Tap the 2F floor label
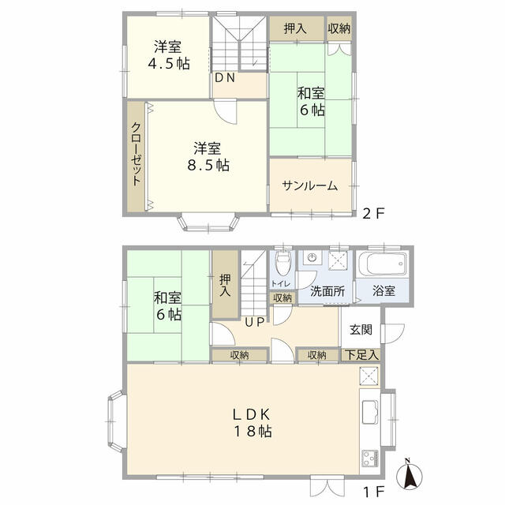372,213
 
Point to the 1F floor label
372,489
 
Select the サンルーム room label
310,186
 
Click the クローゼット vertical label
137,155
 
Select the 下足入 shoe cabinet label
361,356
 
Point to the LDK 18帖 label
252,423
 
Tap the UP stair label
252,320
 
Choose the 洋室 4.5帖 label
166,55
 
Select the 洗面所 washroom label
327,290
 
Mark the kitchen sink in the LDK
370,412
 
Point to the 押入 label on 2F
296,28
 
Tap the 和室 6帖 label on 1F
167,305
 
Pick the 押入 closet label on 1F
225,285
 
